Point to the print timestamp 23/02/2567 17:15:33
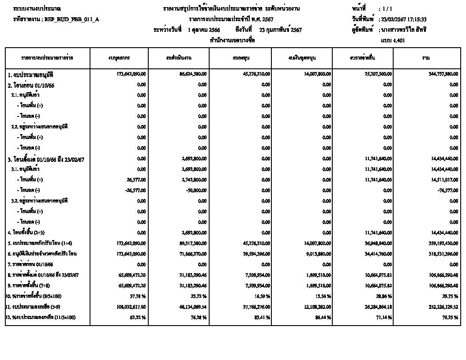404,19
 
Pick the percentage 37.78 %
138,296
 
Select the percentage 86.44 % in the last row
323,318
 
